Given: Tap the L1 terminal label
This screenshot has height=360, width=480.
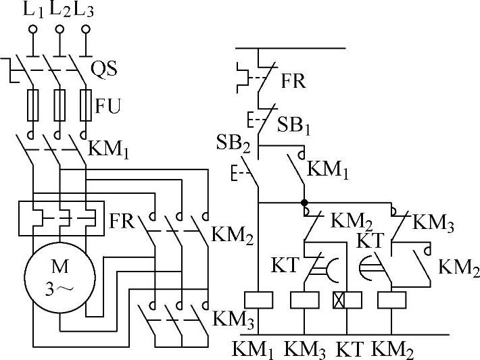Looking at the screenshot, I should point(32,9).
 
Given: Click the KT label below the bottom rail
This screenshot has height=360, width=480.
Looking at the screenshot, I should point(349,349).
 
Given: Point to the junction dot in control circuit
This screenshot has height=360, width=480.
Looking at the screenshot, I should point(304,202).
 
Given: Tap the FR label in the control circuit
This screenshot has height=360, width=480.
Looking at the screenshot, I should point(294,81).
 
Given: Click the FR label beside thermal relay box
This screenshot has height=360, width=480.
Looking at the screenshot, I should point(121,221).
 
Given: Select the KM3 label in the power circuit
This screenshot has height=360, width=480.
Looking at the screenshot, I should point(231,317).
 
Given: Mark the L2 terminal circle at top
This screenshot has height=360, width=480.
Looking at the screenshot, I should point(59,29).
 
